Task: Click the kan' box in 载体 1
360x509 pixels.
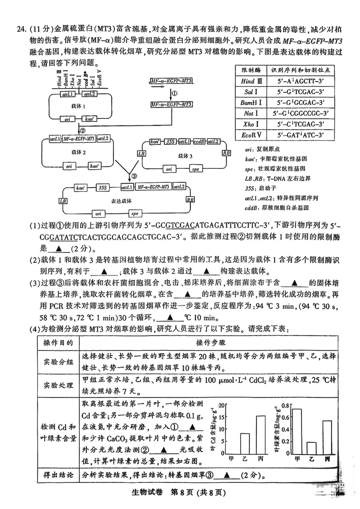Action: [x=90, y=120]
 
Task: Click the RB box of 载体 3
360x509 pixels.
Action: [x=225, y=153]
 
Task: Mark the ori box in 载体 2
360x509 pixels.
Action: [x=69, y=166]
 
